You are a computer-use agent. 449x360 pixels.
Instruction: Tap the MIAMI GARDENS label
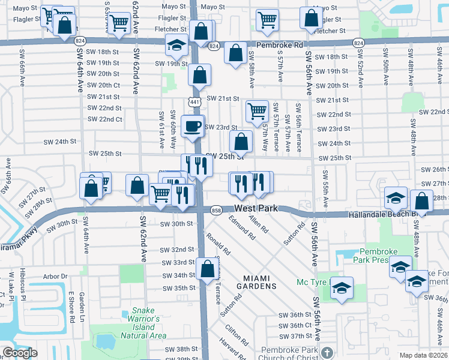[260, 281]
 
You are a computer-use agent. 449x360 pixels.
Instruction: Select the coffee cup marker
[193, 126]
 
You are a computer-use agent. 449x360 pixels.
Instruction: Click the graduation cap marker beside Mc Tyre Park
[342, 289]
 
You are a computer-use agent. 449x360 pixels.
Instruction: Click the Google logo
[20, 353]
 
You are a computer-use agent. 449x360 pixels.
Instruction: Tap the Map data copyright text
[424, 355]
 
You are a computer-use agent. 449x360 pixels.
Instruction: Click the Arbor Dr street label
[56, 277]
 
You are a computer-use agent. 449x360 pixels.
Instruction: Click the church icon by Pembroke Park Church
[326, 352]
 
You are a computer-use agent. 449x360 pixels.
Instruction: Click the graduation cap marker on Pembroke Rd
[177, 45]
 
